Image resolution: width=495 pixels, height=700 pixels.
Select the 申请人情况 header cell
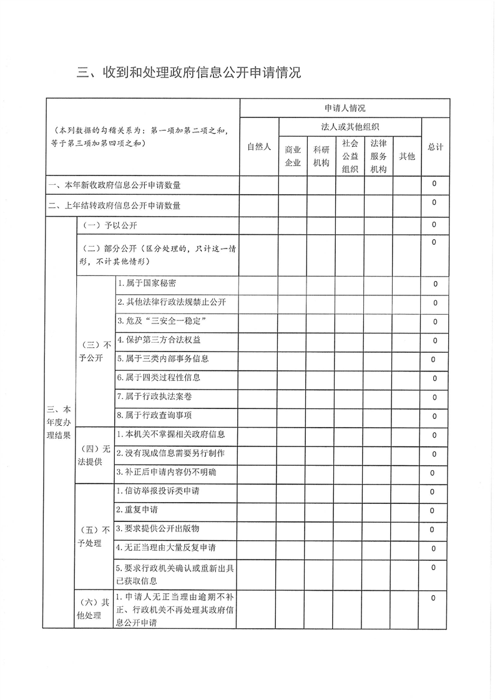coord(345,109)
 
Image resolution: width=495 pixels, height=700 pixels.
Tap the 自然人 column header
coord(259,147)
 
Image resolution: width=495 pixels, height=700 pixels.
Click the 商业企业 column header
coord(293,157)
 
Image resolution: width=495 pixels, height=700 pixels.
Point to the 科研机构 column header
coord(321,157)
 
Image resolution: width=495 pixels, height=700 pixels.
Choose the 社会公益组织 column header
coord(350,156)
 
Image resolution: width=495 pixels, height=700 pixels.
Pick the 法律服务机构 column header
coord(378,156)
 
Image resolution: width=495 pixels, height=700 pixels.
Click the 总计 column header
coord(435,147)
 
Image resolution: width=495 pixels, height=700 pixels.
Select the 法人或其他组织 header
coord(350,127)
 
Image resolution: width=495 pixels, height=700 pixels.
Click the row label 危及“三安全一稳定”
coord(162,321)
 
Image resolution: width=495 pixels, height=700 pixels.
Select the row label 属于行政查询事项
coord(154,415)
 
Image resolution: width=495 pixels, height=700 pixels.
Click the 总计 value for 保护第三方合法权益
coord(434,341)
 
